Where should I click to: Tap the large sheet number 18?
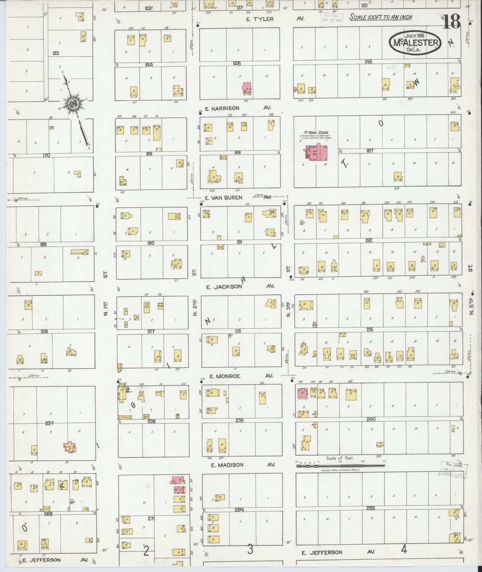(452, 22)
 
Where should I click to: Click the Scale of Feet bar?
(340, 464)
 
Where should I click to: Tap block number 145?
(237, 63)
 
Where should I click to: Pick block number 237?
(50, 423)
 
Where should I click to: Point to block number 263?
(371, 508)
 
